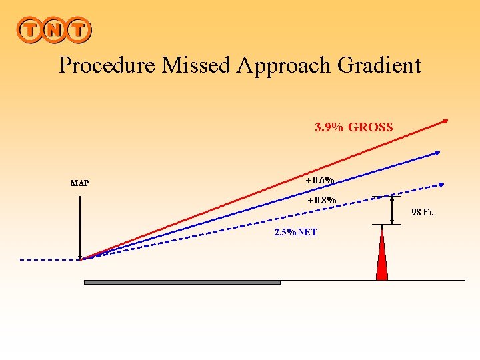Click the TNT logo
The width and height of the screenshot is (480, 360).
tap(53, 30)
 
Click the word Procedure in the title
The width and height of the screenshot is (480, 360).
tap(103, 65)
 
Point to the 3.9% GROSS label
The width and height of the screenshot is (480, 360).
tap(353, 127)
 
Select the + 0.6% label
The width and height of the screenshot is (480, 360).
tap(320, 180)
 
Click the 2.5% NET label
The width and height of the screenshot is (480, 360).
tap(295, 232)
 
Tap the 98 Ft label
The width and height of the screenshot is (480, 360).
tap(422, 213)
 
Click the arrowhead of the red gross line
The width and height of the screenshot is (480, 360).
tap(446, 121)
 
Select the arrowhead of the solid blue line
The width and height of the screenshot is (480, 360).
tap(437, 153)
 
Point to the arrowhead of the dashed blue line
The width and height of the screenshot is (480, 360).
tap(442, 184)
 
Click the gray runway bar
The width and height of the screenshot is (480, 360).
tap(182, 282)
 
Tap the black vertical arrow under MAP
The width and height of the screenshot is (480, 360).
tap(80, 223)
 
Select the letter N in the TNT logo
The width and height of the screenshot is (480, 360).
tap(53, 30)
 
